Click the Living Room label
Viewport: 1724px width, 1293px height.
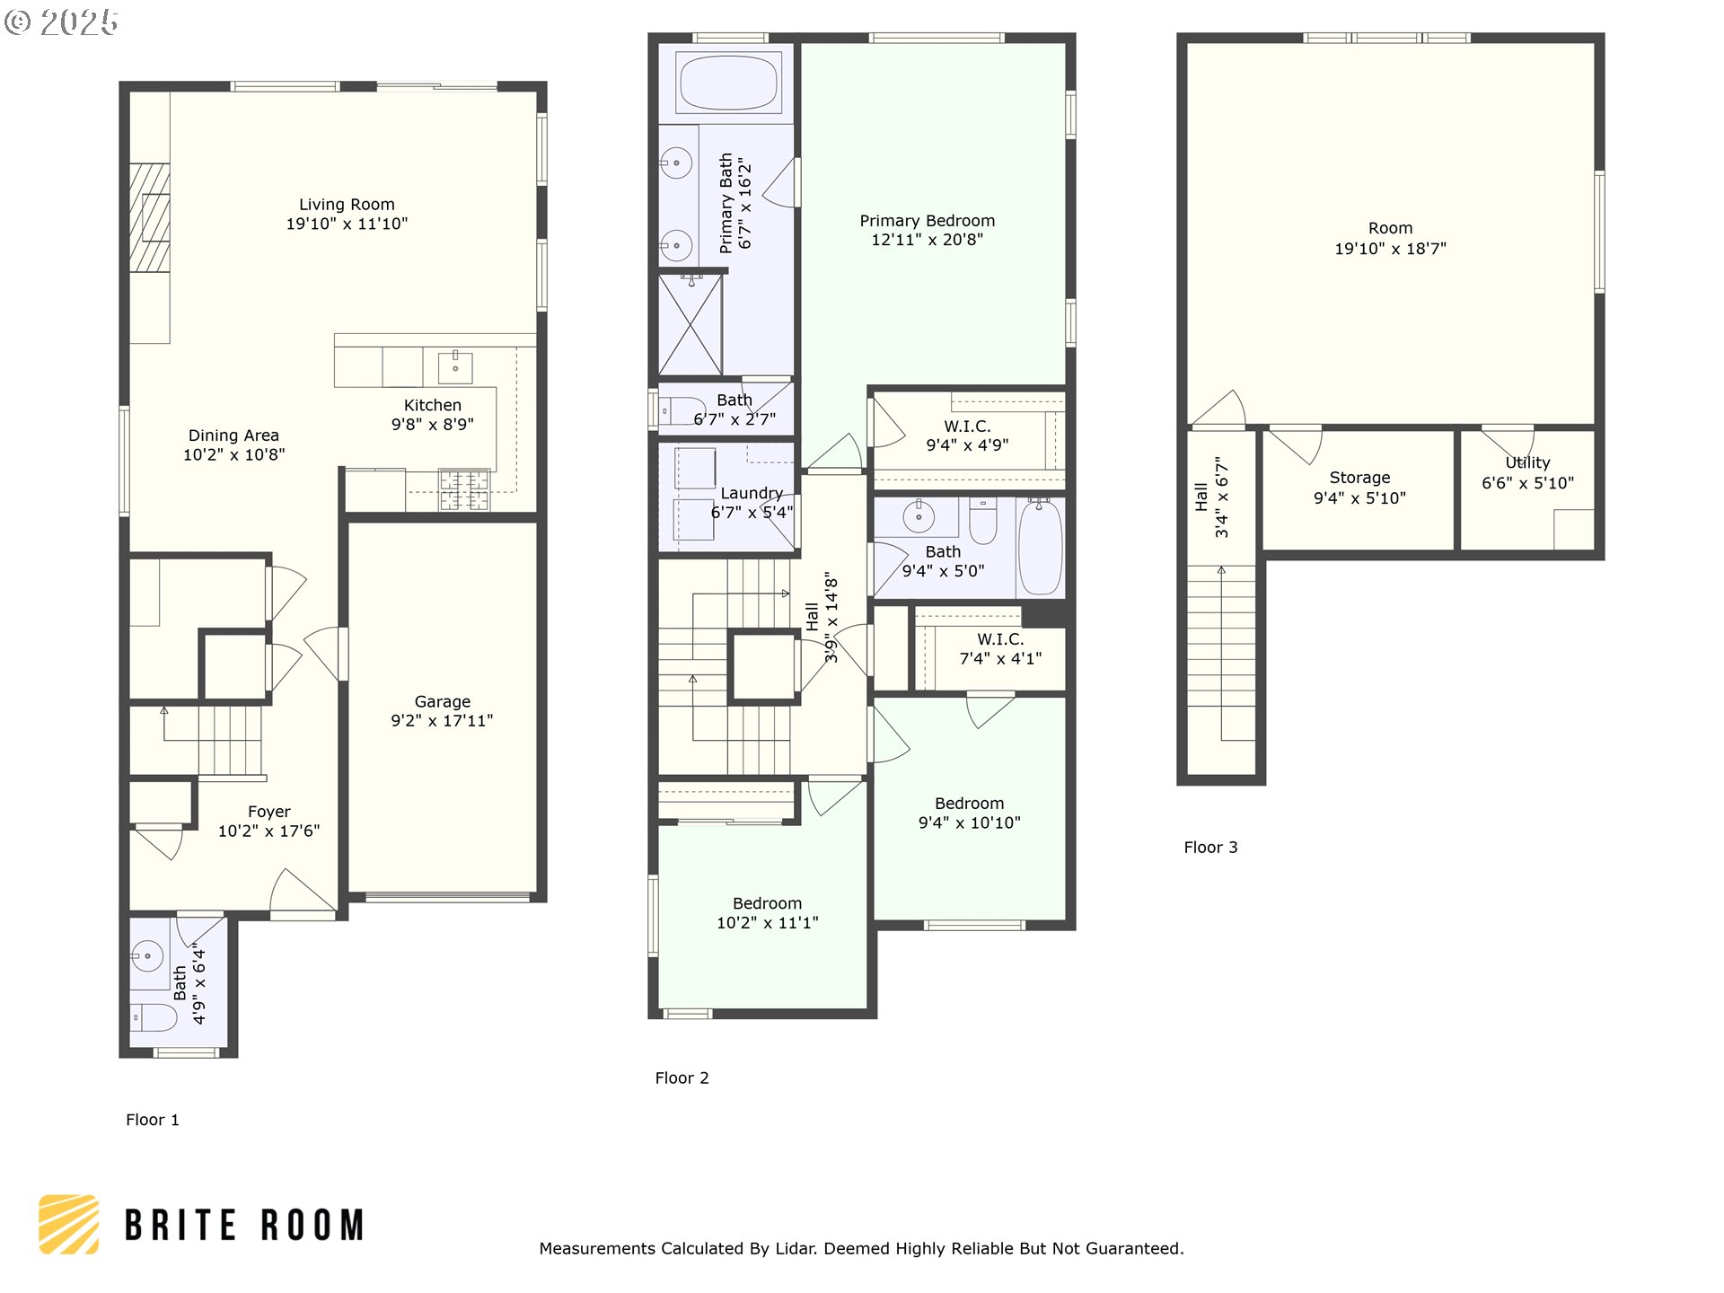(x=347, y=205)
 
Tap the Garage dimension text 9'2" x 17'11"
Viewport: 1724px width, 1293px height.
(x=442, y=720)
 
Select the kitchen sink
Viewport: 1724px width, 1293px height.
(x=456, y=366)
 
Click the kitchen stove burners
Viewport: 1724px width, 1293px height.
(x=464, y=489)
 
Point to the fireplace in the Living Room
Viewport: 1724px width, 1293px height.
(x=149, y=217)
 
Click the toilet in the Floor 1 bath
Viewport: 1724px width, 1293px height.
(x=154, y=1017)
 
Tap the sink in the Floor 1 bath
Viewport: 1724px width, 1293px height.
(x=147, y=955)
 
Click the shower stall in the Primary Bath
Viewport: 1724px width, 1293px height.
(x=690, y=324)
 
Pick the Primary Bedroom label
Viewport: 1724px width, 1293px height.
(x=927, y=221)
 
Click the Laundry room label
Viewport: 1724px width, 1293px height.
(x=752, y=493)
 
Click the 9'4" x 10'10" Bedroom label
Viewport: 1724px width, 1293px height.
(x=969, y=813)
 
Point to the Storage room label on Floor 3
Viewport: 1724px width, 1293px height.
(x=1359, y=478)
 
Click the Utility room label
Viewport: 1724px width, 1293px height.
(x=1527, y=462)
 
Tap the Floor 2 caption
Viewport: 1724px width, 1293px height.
(x=682, y=1077)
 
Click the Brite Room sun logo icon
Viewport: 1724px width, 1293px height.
(x=68, y=1224)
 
